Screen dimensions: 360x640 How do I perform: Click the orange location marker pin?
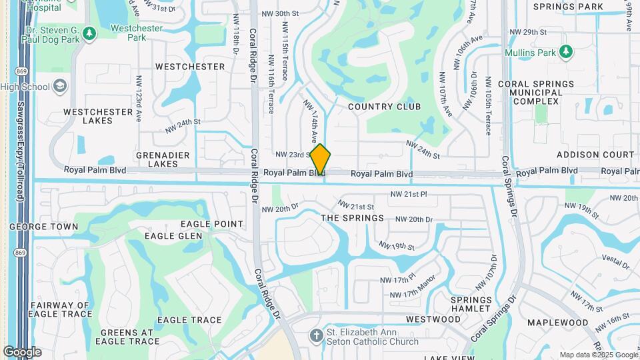pos(320,159)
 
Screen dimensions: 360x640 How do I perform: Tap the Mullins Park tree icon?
pos(566,51)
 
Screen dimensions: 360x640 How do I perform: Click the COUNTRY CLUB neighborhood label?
pos(384,107)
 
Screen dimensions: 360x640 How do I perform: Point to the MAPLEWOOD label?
pos(557,323)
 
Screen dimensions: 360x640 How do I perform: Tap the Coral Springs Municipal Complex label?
pos(535,92)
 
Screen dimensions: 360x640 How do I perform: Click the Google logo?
pos(22,351)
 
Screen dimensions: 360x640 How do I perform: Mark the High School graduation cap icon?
pos(60,86)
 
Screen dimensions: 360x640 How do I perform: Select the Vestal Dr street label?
pos(615,261)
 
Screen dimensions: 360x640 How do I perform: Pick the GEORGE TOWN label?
pos(43,227)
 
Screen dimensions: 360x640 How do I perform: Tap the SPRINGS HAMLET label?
pos(471,304)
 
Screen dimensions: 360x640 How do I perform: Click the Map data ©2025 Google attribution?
pos(598,355)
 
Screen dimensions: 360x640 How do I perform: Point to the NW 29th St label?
pos(527,32)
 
